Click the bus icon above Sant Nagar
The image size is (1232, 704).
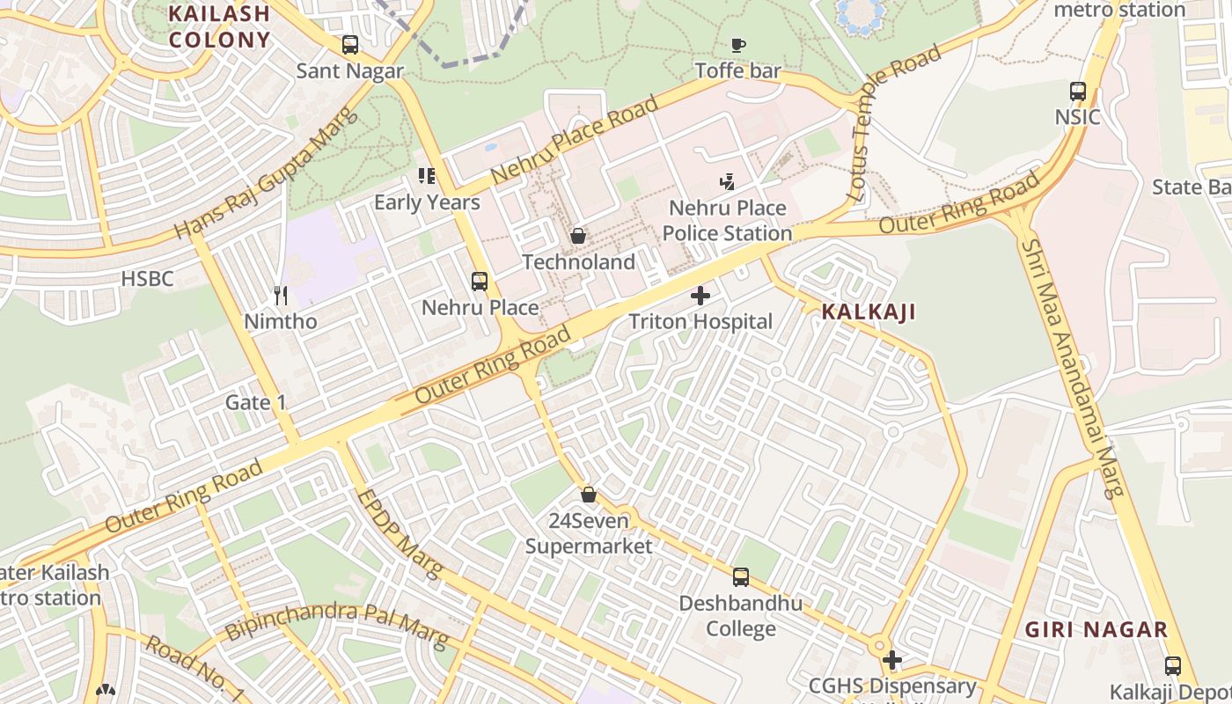coord(350,45)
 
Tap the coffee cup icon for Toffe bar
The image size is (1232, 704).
coord(738,45)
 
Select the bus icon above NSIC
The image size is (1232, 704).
coord(1078,91)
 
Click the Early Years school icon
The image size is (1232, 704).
coord(427,176)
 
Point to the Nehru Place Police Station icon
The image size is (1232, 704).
coord(727,182)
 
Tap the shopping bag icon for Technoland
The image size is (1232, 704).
coord(578,236)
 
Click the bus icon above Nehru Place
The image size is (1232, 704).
coord(480,282)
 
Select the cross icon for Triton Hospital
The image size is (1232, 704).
coord(700,296)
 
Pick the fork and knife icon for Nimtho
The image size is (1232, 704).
coord(281,296)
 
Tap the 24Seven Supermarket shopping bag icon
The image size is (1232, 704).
coord(589,495)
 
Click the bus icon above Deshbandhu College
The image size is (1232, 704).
coord(741,577)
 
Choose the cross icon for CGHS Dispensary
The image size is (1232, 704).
coord(892,660)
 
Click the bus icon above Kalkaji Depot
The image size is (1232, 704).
coord(1172,666)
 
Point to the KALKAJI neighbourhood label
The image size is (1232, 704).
coord(869,312)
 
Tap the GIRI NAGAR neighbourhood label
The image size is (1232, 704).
coord(1096,630)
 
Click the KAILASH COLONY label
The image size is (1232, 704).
coord(219,26)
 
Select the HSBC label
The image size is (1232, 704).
coord(148,279)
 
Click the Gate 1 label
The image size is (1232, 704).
coord(256,402)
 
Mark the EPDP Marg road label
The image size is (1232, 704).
coord(401,534)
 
